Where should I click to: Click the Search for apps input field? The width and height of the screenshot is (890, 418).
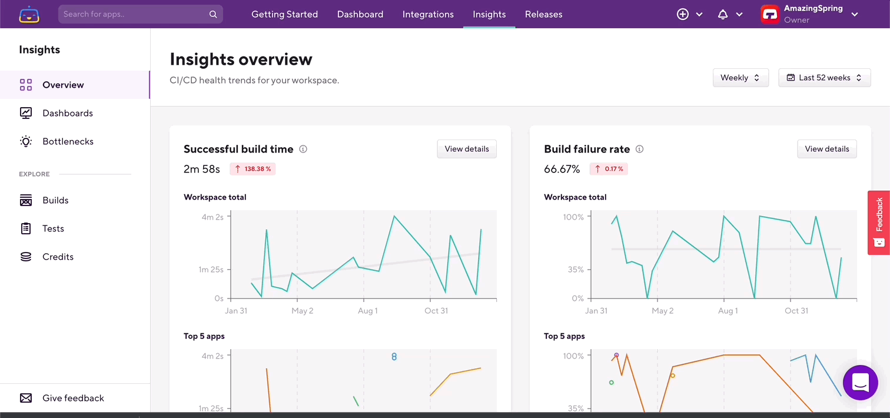[135, 14]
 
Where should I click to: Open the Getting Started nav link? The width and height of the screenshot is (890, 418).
[284, 14]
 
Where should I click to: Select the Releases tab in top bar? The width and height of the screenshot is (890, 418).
[543, 14]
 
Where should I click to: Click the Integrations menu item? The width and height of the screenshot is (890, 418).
[428, 14]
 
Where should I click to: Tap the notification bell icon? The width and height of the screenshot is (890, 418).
[723, 15]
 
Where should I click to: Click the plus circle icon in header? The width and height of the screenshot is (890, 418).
[683, 15]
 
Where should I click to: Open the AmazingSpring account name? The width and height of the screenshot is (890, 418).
[813, 9]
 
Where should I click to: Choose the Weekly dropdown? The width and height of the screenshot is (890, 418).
[740, 78]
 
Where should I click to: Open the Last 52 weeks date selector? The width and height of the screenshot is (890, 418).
[824, 78]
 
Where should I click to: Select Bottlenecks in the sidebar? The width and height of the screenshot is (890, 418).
[68, 141]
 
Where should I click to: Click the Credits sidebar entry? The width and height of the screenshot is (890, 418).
[58, 257]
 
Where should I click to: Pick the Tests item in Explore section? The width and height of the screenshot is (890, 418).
[53, 228]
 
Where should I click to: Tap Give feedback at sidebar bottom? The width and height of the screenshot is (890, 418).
[73, 398]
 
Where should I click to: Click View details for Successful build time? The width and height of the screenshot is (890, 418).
[467, 149]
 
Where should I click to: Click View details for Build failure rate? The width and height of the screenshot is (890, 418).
[826, 149]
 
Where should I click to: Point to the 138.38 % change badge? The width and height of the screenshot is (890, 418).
[253, 169]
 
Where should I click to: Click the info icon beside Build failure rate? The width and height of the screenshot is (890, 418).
[639, 150]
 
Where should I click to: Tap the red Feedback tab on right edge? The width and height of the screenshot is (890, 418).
[879, 223]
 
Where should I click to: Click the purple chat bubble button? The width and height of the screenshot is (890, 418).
[860, 383]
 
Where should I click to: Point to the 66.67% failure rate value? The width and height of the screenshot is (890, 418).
[562, 170]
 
